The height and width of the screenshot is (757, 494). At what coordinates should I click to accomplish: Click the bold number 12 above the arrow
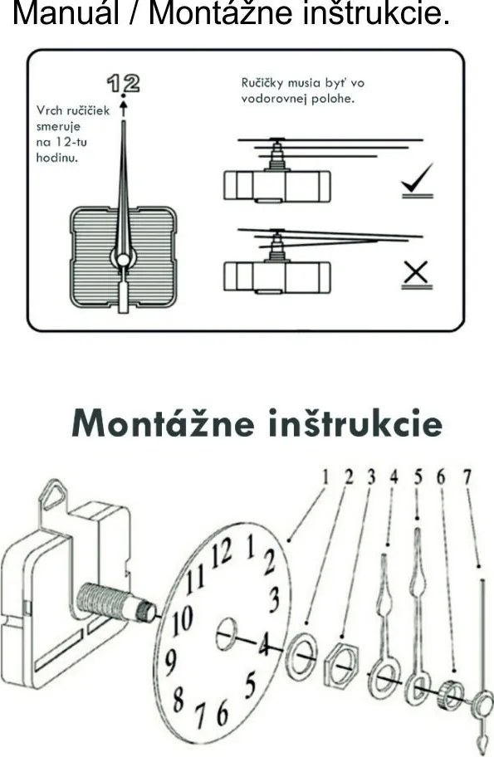(x=123, y=84)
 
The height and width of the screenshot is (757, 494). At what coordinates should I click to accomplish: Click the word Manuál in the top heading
(x=66, y=12)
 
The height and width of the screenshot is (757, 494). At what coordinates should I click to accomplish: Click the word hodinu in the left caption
(x=57, y=158)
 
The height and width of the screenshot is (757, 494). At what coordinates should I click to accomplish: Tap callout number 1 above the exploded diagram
(x=325, y=476)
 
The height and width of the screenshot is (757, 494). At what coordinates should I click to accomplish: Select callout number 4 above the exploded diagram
(x=394, y=476)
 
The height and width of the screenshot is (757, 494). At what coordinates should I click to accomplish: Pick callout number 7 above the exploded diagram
(x=467, y=476)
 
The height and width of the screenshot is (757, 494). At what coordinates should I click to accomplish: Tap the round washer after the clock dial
(x=302, y=654)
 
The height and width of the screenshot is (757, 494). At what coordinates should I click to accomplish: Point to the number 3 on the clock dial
(x=274, y=598)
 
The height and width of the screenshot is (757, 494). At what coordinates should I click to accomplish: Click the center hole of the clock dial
(x=227, y=633)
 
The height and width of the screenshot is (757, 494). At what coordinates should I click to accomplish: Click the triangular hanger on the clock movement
(x=52, y=496)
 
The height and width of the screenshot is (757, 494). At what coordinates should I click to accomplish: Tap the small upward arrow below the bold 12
(x=124, y=107)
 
